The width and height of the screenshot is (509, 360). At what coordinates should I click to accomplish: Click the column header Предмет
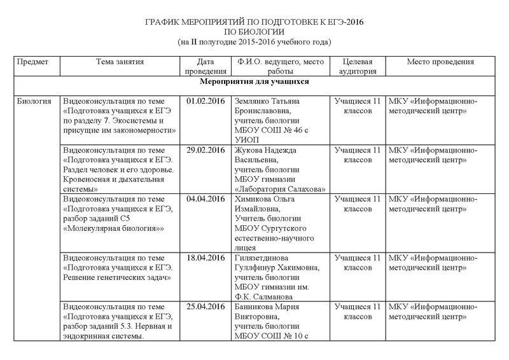34,62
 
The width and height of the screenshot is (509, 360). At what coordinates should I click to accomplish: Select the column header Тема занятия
120,62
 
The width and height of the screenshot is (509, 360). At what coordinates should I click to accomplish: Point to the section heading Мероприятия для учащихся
254,82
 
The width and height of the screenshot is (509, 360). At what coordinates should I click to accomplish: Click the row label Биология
34,101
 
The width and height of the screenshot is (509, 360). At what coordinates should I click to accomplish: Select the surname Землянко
253,101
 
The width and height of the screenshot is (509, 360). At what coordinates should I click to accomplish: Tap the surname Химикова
254,199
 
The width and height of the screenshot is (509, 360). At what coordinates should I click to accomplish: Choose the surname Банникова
256,307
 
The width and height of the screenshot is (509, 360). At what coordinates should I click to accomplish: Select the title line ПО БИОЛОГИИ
254,31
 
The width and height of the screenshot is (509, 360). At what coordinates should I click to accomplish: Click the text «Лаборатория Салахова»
280,189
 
